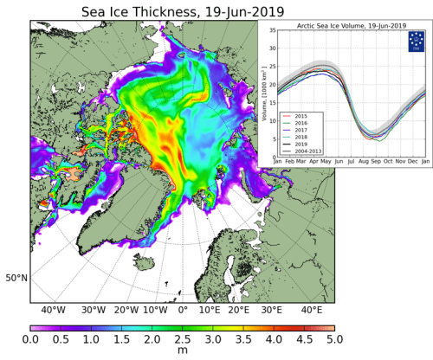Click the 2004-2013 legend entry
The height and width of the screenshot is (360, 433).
tap(308, 149)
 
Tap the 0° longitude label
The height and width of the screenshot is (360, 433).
tap(183, 310)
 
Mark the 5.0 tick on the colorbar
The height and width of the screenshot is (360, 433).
tap(333, 342)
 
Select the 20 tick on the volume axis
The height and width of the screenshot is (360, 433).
tap(269, 84)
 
